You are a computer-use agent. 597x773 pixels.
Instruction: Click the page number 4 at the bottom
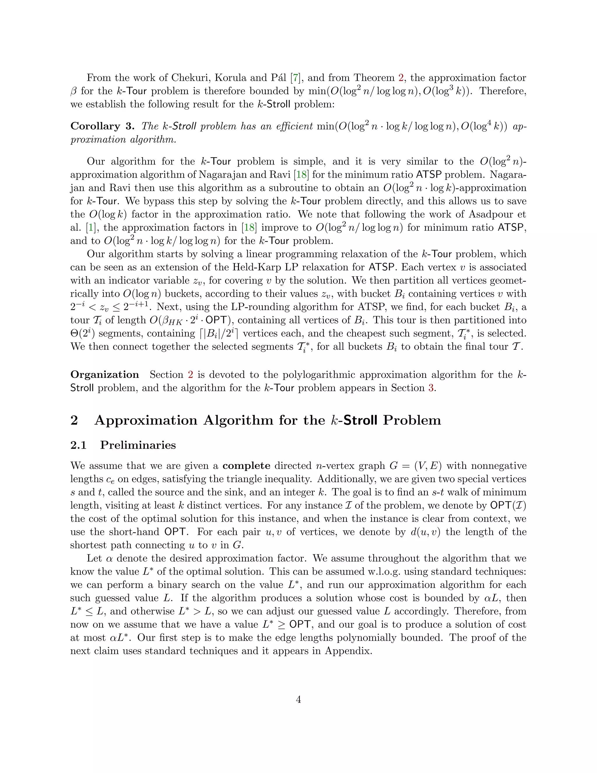[x=298, y=699]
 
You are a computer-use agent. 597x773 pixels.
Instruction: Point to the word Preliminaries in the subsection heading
[x=138, y=445]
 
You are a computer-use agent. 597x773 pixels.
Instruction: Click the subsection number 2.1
[x=78, y=445]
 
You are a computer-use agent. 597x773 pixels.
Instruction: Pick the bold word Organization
[x=105, y=375]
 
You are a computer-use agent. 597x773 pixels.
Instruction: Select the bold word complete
[x=247, y=466]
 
